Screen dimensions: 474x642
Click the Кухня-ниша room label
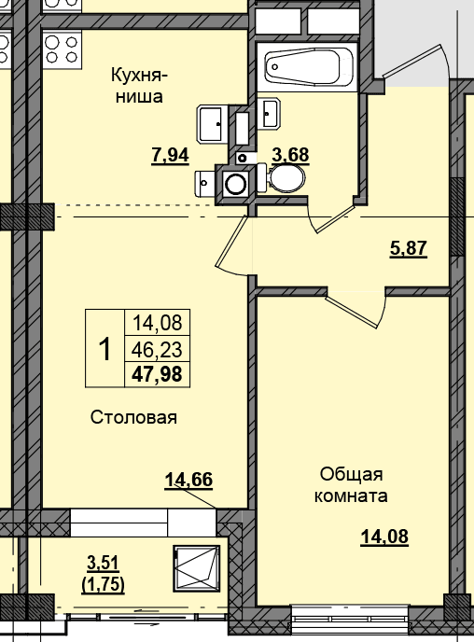pos(139,86)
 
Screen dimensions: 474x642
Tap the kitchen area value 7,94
pos(170,155)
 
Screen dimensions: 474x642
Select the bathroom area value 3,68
pos(290,155)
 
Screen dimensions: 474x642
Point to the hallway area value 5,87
pos(409,248)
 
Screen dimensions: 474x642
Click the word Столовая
pos(133,418)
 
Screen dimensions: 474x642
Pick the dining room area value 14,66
pos(188,480)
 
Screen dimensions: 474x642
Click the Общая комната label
pos(351,485)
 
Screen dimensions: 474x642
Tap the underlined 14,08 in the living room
pos(384,536)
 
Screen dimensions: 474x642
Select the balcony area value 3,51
pos(104,563)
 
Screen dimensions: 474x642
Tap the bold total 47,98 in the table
pos(157,374)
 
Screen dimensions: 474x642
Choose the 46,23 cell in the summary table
pos(157,349)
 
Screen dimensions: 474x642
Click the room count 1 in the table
pos(105,348)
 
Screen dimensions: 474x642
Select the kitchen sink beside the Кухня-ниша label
pos(212,124)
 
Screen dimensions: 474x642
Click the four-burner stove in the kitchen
pos(63,49)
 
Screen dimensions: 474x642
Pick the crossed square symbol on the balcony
pos(197,568)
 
